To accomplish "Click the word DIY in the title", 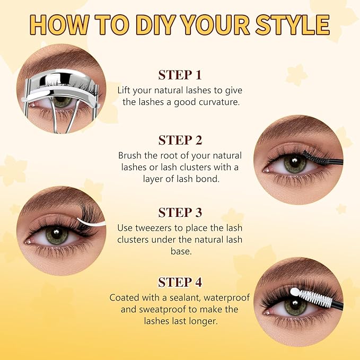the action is (157, 24).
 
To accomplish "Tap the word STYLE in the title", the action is (293, 24).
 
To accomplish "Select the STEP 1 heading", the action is (180, 75).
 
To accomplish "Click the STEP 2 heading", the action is (180, 140).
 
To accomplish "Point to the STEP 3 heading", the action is (180, 213).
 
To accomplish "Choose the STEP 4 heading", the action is (180, 282).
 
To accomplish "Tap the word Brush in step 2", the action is (130, 155).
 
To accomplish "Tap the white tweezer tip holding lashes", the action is (90, 222).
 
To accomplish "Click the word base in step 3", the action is (181, 251).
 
